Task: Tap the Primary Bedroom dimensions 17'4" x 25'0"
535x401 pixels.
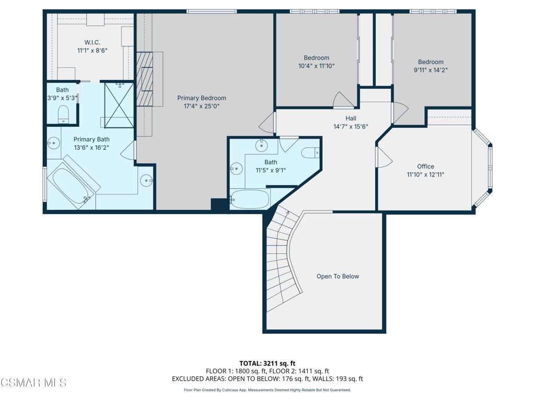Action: (201, 107)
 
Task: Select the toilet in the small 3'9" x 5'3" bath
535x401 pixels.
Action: (63, 114)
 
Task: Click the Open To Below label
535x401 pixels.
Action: (338, 276)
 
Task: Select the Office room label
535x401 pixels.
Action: (425, 167)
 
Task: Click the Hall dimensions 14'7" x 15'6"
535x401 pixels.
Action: (351, 126)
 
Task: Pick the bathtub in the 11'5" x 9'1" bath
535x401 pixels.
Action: (250, 199)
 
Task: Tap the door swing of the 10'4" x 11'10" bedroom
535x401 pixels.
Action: (342, 100)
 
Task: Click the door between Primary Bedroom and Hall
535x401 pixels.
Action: (267, 123)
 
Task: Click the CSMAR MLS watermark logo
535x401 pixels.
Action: (33, 383)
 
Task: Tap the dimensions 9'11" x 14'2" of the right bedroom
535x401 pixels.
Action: (431, 69)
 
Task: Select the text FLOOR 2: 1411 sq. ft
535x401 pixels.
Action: (299, 371)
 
